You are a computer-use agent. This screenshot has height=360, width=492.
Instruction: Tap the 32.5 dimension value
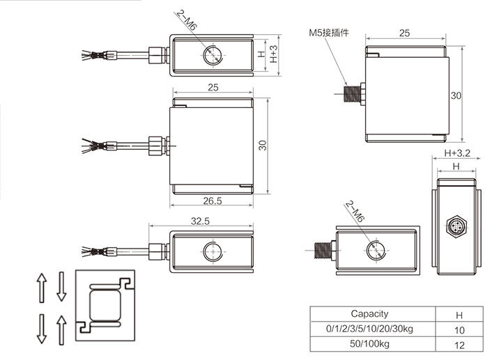(x=201, y=221)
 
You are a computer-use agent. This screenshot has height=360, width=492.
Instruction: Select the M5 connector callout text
(x=329, y=33)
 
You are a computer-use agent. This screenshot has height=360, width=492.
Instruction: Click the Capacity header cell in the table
(x=369, y=314)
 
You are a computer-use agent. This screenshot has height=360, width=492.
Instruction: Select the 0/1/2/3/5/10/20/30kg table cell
(x=369, y=329)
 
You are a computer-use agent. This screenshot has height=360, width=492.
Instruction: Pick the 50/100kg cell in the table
(x=369, y=345)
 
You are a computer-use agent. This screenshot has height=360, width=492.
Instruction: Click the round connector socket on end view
(x=456, y=226)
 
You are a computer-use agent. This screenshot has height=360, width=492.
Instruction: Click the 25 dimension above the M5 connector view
(x=404, y=33)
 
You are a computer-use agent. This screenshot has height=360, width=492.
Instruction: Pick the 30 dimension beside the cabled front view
(x=262, y=145)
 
